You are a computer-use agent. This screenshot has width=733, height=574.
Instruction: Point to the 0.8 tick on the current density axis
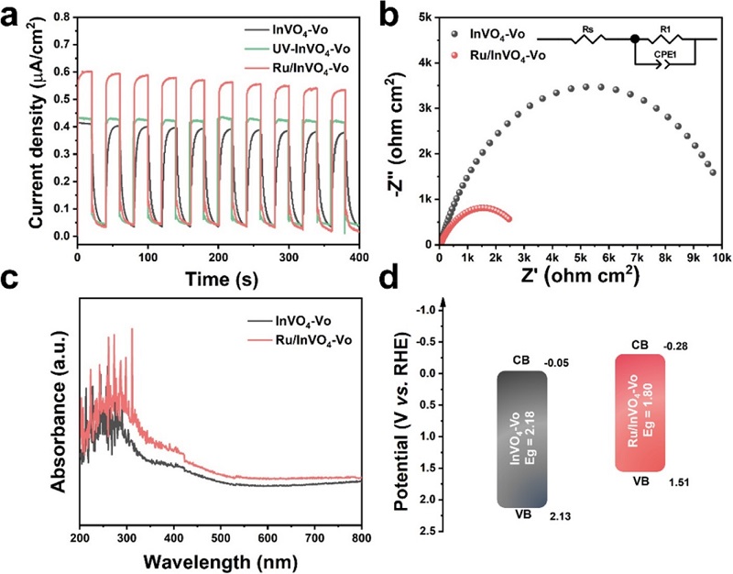[x=64, y=17]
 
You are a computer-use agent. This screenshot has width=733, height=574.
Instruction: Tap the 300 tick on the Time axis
[x=289, y=257]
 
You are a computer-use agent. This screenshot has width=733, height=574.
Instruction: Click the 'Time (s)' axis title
[x=222, y=279]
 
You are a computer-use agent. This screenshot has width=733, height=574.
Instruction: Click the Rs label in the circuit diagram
[x=588, y=30]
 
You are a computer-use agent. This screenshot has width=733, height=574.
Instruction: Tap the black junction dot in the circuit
[x=634, y=39]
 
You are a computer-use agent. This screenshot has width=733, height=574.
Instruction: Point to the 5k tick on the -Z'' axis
[x=425, y=17]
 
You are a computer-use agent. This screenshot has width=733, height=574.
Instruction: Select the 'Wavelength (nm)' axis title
[x=220, y=561]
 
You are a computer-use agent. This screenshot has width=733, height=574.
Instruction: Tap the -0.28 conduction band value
[x=675, y=348]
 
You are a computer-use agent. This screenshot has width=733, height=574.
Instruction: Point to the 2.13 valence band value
[x=560, y=516]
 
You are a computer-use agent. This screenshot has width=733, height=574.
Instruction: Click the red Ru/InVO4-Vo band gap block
[x=640, y=413]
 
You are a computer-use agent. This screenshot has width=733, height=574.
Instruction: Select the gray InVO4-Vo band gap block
[x=521, y=439]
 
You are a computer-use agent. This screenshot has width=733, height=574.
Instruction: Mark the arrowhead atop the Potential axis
[x=443, y=304]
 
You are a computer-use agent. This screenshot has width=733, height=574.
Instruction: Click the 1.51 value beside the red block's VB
[x=679, y=482]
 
